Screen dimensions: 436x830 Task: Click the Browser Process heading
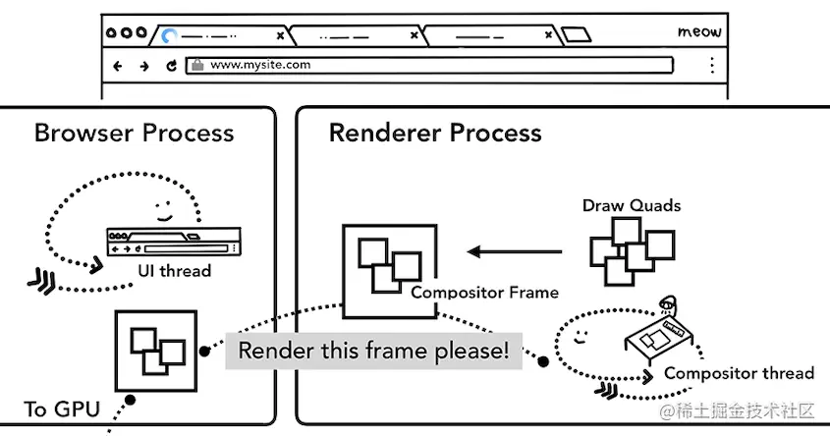point(134,133)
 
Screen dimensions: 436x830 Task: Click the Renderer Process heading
point(434,133)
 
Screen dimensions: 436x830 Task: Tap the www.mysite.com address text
point(260,65)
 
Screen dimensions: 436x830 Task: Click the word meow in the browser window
point(699,32)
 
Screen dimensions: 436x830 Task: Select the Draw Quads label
point(632,205)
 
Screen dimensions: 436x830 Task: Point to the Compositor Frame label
point(484,292)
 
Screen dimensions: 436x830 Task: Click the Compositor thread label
point(739,372)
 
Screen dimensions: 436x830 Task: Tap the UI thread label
point(174,271)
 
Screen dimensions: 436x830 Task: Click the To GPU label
point(61,409)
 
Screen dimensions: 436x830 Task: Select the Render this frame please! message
point(374,352)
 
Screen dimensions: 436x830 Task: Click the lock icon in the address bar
point(196,66)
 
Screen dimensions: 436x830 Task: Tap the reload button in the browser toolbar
point(171,66)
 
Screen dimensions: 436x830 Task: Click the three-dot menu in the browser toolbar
point(711,66)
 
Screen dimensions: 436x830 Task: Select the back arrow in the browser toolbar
point(118,66)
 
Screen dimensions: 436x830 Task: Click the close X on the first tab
point(280,35)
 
